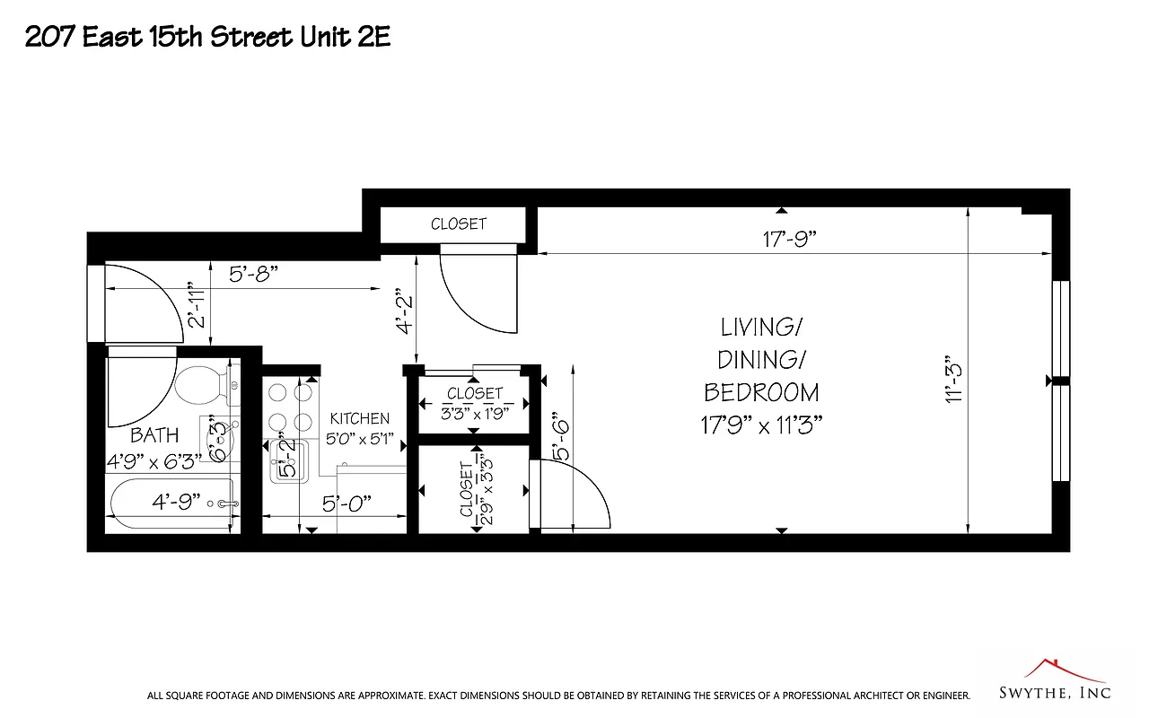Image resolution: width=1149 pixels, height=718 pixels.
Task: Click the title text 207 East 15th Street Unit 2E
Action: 207,37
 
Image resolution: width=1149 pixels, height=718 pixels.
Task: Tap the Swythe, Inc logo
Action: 1055,681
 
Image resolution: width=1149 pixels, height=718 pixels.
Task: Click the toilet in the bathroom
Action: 199,385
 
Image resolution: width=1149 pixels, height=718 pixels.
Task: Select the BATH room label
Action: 154,435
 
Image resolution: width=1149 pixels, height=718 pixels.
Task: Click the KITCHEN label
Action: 360,419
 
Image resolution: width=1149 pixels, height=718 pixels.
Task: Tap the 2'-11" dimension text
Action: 197,305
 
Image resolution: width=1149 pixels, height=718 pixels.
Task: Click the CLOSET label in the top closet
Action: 458,224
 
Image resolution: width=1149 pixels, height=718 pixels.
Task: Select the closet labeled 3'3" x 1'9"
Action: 475,404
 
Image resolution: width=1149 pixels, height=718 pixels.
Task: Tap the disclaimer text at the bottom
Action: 558,696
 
